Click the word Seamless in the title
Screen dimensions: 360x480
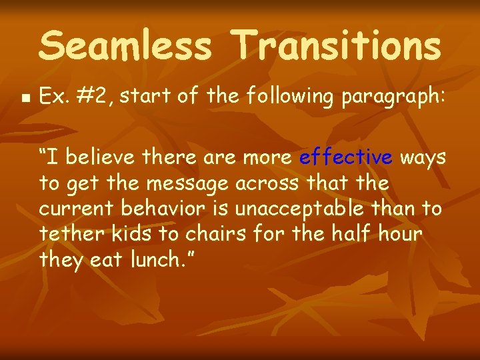tap(126, 46)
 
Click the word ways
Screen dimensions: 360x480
tap(423, 158)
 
